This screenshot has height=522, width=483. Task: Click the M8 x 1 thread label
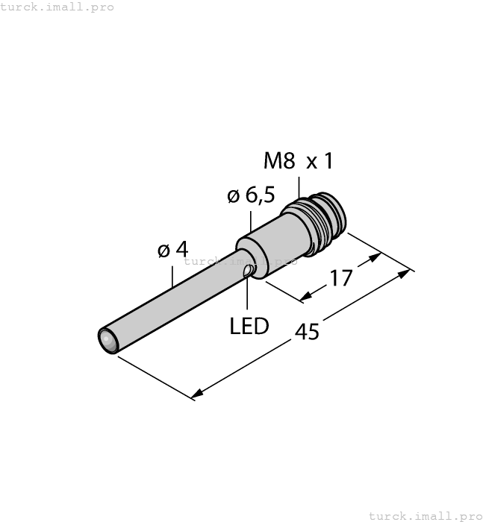[298, 160]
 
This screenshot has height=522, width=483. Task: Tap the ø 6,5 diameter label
[250, 195]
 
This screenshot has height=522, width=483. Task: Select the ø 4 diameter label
[172, 250]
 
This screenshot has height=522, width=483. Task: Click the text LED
[249, 326]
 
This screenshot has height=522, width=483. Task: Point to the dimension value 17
[341, 278]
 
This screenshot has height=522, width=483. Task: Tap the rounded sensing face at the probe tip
[108, 341]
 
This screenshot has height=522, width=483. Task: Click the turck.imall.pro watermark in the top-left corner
[57, 7]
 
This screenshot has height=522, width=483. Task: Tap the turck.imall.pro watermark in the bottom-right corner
[426, 515]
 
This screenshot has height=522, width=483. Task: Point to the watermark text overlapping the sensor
[240, 261]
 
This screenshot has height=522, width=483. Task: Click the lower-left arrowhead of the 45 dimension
[197, 394]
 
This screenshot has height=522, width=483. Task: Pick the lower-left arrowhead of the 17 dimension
[305, 298]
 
